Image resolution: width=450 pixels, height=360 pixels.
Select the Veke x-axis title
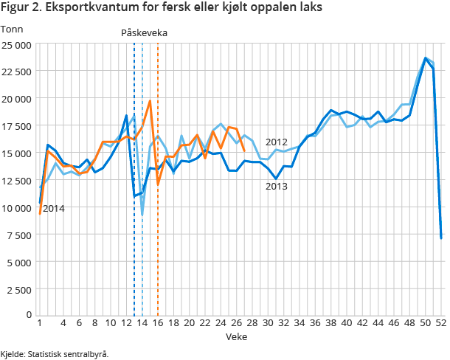(237, 336)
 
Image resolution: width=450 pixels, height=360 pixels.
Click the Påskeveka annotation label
(144, 33)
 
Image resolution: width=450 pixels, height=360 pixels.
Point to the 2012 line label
(276, 142)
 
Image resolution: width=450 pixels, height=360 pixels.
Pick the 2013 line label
(276, 186)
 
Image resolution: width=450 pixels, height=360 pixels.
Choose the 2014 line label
(53, 209)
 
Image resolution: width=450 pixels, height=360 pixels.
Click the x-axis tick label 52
(441, 323)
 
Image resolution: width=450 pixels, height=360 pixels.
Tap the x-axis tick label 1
(39, 323)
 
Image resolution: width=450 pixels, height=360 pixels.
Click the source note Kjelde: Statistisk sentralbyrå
(55, 354)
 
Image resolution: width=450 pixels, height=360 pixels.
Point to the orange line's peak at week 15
(150, 101)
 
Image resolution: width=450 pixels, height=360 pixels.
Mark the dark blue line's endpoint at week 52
(441, 238)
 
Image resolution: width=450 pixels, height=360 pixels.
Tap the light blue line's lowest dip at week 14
(142, 215)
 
